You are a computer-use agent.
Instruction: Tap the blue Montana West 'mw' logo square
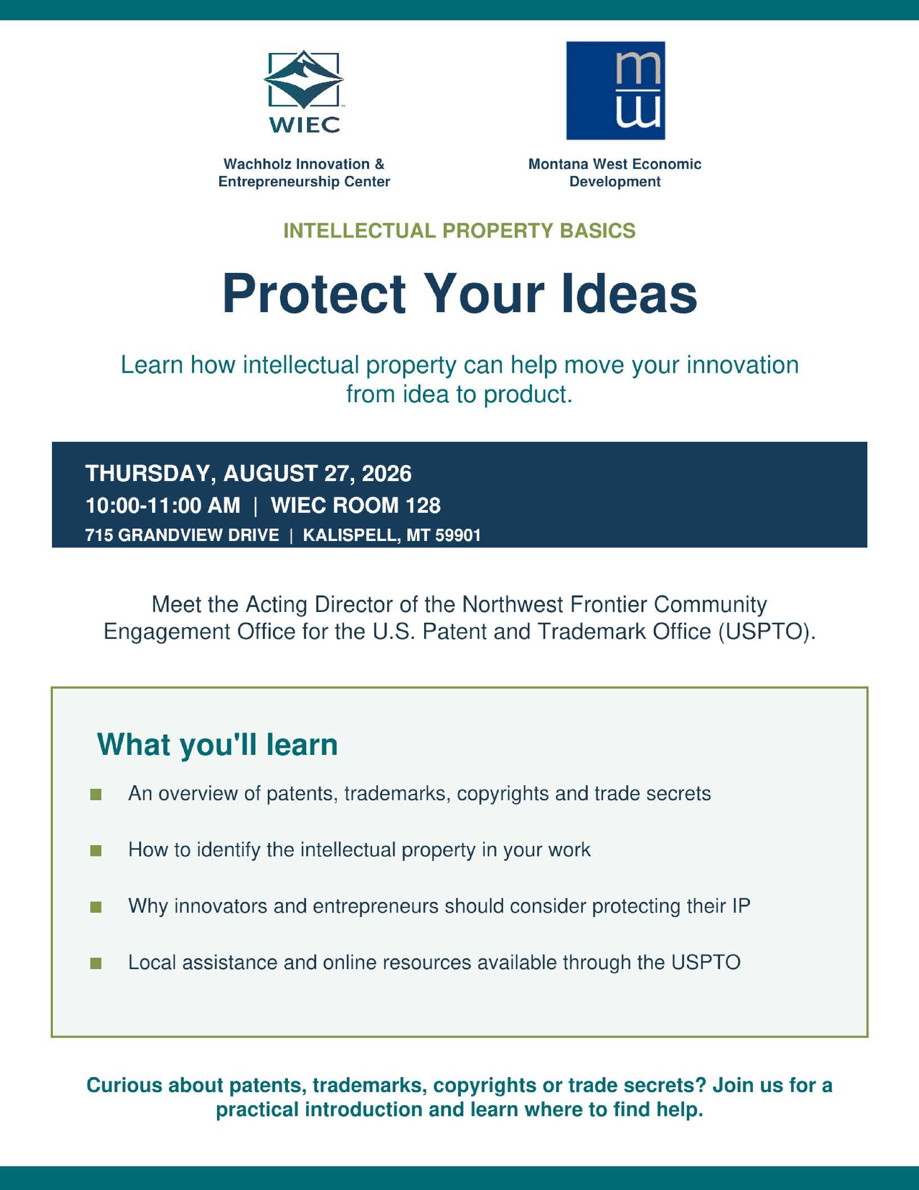pyautogui.click(x=616, y=90)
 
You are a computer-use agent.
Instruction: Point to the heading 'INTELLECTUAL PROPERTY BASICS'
pyautogui.click(x=459, y=231)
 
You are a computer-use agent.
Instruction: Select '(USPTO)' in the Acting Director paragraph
pyautogui.click(x=767, y=632)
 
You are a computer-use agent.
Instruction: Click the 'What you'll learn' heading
pyautogui.click(x=217, y=744)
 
